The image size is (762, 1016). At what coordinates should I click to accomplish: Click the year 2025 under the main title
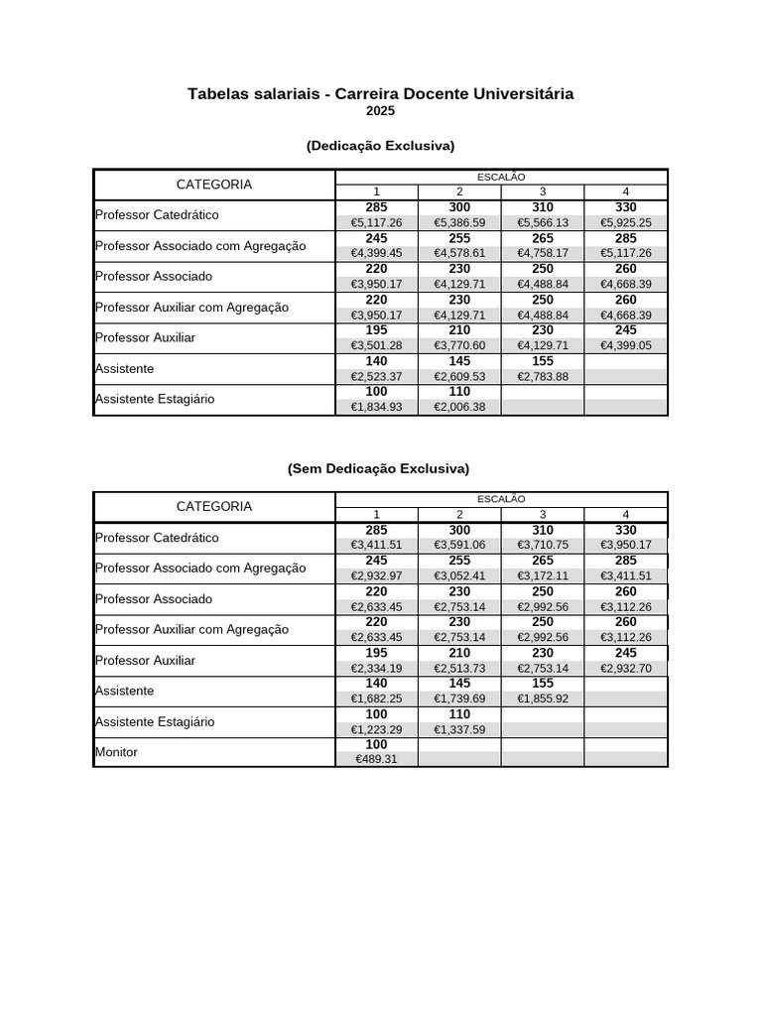pyautogui.click(x=380, y=111)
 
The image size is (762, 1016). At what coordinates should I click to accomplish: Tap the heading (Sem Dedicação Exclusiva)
pyautogui.click(x=380, y=468)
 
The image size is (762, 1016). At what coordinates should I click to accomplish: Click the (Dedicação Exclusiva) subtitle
pyautogui.click(x=380, y=146)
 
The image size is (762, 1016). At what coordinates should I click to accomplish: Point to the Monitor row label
pyautogui.click(x=116, y=752)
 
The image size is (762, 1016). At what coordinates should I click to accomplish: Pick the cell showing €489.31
pyautogui.click(x=376, y=759)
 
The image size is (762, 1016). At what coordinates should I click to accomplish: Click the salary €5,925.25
pyautogui.click(x=625, y=222)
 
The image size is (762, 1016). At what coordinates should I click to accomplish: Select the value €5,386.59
pyautogui.click(x=459, y=222)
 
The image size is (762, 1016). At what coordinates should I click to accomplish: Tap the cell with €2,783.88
pyautogui.click(x=542, y=376)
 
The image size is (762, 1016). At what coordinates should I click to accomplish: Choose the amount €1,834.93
pyautogui.click(x=376, y=407)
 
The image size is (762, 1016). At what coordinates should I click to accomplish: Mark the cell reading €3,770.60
pyautogui.click(x=459, y=345)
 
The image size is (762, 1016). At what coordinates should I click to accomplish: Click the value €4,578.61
pyautogui.click(x=459, y=253)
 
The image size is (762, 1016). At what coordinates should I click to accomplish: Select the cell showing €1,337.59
pyautogui.click(x=459, y=729)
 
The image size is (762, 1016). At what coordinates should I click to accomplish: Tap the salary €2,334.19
pyautogui.click(x=376, y=668)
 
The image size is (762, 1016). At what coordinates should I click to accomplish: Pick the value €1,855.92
pyautogui.click(x=542, y=698)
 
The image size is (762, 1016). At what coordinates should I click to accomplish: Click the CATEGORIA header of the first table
pyautogui.click(x=214, y=185)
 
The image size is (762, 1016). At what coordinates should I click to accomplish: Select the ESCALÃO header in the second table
pyautogui.click(x=501, y=499)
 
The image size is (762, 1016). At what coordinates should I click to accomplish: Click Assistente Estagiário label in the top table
pyautogui.click(x=155, y=399)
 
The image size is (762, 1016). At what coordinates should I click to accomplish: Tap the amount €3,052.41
pyautogui.click(x=459, y=575)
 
